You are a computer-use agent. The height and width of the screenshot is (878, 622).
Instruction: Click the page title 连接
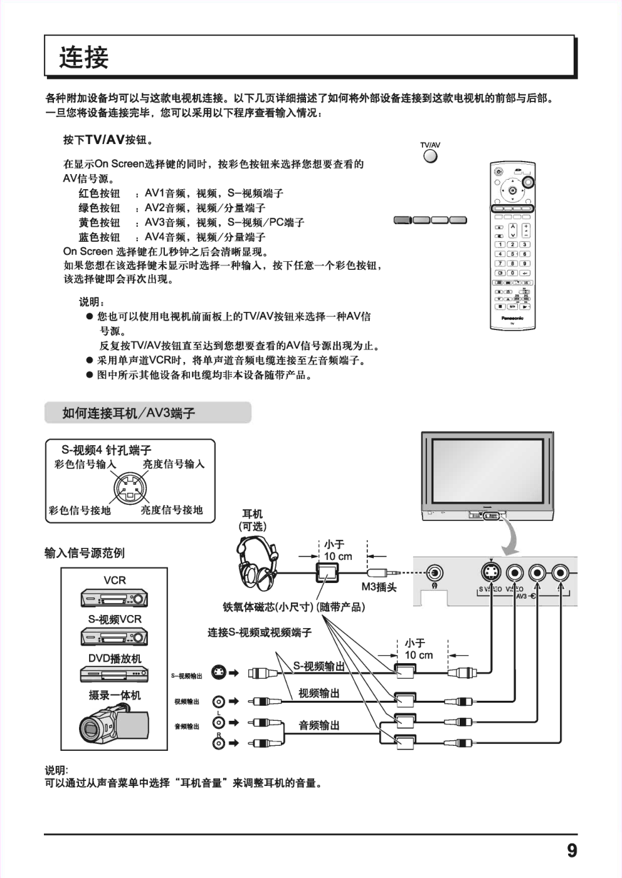83,58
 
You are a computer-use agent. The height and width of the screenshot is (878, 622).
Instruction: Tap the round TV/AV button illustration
430,156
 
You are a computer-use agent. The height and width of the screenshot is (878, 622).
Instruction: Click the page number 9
571,851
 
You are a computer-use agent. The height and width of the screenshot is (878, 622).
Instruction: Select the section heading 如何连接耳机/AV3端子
129,413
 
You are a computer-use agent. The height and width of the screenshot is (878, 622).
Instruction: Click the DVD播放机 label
115,658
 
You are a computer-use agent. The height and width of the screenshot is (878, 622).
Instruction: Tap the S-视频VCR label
115,619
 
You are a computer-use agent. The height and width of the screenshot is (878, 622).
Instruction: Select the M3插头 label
379,587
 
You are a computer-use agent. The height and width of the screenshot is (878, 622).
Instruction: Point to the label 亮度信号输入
173,464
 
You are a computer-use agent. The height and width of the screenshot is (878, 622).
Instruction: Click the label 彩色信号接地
80,510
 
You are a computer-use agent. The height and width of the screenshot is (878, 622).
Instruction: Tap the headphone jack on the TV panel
435,572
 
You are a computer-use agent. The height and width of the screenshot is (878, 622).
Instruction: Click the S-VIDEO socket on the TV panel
491,572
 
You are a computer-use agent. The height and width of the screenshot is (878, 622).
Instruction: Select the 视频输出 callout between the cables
319,693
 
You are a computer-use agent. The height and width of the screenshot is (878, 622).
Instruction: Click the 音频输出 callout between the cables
319,725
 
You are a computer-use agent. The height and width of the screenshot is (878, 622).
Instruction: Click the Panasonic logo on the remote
512,318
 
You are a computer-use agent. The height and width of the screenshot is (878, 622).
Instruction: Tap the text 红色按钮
99,194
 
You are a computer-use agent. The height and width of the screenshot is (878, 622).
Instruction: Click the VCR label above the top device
115,580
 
